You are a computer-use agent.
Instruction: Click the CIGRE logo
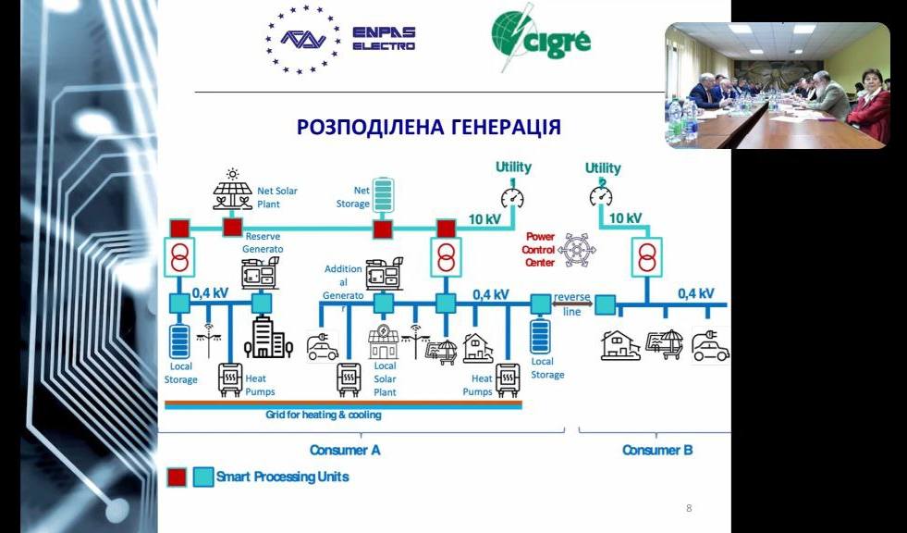[x=541, y=38]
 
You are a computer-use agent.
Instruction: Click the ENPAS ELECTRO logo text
[x=384, y=39]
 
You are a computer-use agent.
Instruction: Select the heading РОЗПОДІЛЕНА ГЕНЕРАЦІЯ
[x=429, y=127]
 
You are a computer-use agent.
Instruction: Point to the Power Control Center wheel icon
[x=578, y=250]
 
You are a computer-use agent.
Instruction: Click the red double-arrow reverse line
[x=572, y=303]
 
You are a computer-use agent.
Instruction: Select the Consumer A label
[x=345, y=450]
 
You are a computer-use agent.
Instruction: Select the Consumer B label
[x=657, y=450]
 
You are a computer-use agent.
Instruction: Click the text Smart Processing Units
[x=283, y=477]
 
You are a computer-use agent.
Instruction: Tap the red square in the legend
[x=176, y=477]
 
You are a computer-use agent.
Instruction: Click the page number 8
[x=689, y=508]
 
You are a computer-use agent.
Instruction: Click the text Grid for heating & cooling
[x=324, y=415]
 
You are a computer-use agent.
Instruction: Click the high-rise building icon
[x=262, y=339]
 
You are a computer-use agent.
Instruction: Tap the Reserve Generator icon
[x=258, y=275]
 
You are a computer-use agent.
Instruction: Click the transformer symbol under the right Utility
[x=646, y=256]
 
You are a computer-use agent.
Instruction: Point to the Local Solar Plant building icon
[x=383, y=343]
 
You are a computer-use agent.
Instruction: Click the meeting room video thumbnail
[x=777, y=85]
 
